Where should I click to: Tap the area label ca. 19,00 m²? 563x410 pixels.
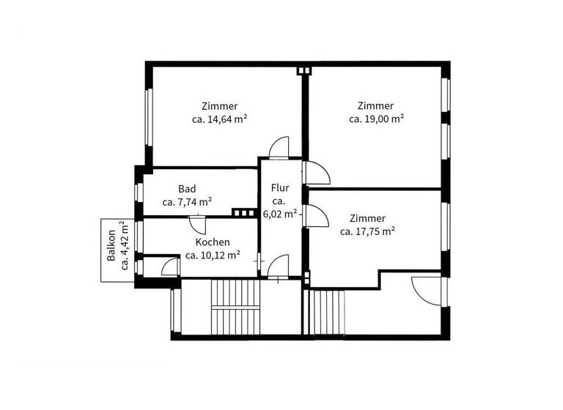pos(376,119)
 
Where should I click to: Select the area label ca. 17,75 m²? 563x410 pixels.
pos(368,231)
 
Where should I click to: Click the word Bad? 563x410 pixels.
pos(187,189)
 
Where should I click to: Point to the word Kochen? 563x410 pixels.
pos(213,242)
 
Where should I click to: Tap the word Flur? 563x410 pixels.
pos(279,187)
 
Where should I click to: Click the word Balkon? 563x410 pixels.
pos(112,247)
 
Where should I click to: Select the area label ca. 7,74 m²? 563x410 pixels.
pos(187,202)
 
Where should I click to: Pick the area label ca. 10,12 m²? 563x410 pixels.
pos(213,256)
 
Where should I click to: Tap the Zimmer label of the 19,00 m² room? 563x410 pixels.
pos(376,105)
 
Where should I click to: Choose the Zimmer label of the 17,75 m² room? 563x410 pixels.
pos(368,218)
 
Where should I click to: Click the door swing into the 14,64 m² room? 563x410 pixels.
pos(279,149)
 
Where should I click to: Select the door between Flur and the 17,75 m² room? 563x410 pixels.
pos(316,217)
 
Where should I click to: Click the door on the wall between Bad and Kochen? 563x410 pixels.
pos(197,223)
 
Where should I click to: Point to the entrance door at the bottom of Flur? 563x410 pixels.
pos(279,265)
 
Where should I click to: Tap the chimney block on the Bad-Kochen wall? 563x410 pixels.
pos(240,213)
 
